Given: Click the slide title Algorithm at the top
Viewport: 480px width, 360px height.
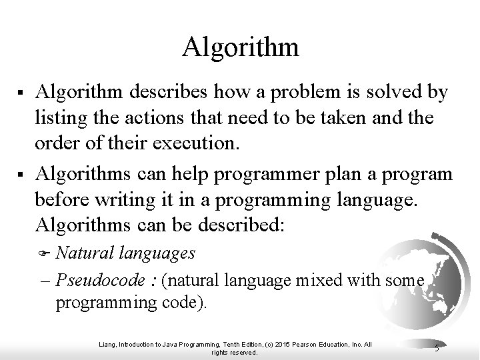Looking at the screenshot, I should click(x=240, y=47).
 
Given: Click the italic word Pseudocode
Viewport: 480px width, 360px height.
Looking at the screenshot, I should click(x=97, y=281).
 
